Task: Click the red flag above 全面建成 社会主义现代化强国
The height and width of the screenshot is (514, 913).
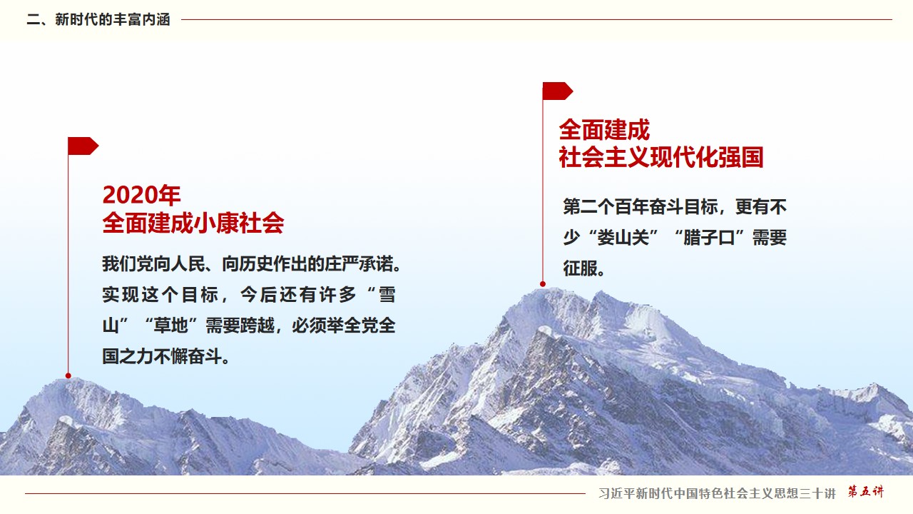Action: [x=558, y=91]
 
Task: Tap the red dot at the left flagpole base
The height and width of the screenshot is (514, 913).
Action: [x=68, y=376]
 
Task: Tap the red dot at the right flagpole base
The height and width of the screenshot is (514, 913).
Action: [x=543, y=284]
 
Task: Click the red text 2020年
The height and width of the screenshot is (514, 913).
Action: [x=141, y=195]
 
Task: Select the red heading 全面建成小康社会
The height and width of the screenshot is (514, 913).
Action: [x=193, y=223]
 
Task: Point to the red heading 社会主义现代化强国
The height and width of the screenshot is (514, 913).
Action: [x=660, y=157]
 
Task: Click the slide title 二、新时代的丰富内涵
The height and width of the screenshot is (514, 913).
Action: [x=98, y=19]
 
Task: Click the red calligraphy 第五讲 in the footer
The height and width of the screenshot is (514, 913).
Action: [x=866, y=492]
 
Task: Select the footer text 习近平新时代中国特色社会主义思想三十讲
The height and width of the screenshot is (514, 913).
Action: [x=718, y=493]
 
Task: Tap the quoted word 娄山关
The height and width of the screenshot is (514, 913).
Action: [x=623, y=238]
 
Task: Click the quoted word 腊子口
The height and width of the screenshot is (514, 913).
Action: [x=709, y=238]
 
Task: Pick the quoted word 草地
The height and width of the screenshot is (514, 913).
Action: [x=170, y=326]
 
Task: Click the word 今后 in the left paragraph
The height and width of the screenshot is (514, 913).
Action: [x=259, y=295]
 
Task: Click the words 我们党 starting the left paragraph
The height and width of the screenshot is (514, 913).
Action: [x=128, y=264]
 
